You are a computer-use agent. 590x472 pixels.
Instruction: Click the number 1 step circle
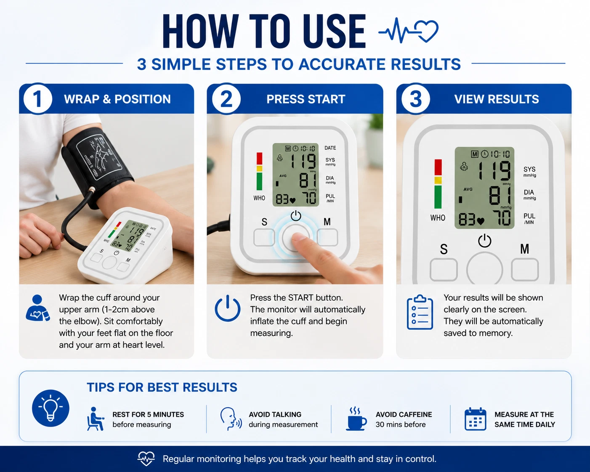pos(37,99)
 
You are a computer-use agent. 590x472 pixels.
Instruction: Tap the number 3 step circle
pos(416,99)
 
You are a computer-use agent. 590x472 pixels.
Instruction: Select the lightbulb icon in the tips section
pos(50,408)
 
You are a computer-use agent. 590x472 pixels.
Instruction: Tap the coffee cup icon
pos(356,419)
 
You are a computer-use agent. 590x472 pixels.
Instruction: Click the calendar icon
pos(476,419)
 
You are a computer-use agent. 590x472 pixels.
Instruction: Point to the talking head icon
pos(231,419)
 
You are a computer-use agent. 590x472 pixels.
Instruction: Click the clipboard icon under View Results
pos(420,312)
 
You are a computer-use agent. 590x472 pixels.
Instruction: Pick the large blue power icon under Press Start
pos(227,308)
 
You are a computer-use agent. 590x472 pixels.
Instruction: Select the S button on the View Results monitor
pos(443,270)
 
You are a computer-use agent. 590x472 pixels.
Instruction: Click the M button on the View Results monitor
pos(524,270)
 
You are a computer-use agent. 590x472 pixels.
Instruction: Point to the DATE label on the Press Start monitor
pos(330,148)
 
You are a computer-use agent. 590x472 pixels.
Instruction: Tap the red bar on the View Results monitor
pos(438,167)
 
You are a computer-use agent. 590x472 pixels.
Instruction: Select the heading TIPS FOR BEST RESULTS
pos(162,387)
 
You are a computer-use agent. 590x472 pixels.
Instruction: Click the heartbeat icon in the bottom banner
pos(146,459)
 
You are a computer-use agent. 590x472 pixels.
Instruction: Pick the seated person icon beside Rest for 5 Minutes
pos(95,419)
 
